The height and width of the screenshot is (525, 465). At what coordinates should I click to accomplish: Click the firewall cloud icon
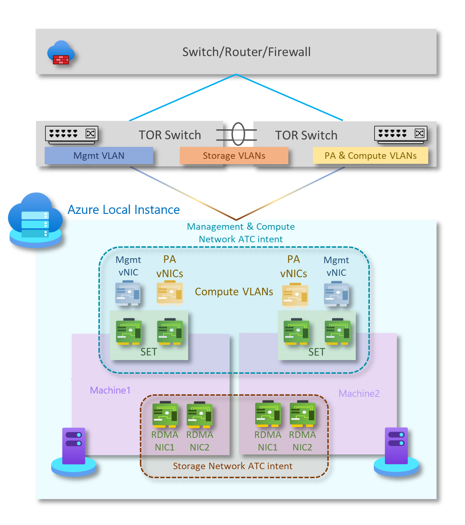click(61, 53)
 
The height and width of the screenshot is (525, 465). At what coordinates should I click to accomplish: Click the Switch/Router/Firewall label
click(246, 52)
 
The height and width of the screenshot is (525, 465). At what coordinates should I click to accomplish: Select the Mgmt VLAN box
click(99, 156)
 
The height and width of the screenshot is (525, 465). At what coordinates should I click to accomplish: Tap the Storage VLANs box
click(234, 156)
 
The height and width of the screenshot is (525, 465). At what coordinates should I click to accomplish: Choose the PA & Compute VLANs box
click(370, 156)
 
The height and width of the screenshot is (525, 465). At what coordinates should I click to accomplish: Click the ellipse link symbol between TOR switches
click(238, 134)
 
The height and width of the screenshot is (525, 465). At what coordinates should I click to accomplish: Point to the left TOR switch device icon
click(71, 134)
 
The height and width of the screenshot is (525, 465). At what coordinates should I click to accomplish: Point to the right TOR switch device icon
click(400, 134)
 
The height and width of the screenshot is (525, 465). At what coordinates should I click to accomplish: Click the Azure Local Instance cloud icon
click(35, 220)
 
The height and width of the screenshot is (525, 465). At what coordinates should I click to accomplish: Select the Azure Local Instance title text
click(124, 210)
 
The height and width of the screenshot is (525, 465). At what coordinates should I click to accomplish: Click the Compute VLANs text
click(234, 292)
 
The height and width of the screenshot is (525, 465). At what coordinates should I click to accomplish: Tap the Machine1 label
click(110, 390)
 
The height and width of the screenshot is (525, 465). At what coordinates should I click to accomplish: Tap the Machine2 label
click(359, 394)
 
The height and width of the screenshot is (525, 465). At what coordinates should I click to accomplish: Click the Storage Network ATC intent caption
click(232, 466)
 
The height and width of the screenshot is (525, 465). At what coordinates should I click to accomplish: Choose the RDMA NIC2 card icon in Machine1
click(199, 415)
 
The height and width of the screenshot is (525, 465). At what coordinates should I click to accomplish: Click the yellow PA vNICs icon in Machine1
click(169, 293)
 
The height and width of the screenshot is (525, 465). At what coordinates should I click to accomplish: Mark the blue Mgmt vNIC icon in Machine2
click(336, 294)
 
